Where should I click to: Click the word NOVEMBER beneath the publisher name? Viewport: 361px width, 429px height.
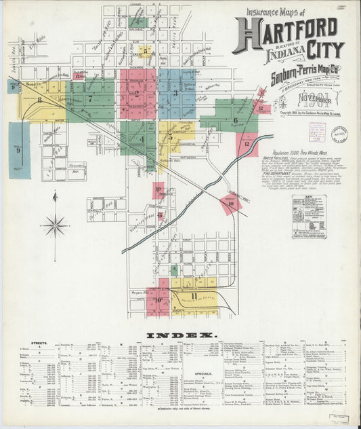[317, 100]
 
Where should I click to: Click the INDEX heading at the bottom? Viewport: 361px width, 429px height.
[180, 335]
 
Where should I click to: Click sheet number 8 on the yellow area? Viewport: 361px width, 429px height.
[39, 100]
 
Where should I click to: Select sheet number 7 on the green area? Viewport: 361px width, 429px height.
[90, 99]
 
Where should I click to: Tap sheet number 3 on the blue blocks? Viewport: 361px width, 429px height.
[175, 93]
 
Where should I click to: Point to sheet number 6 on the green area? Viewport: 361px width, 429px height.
[236, 121]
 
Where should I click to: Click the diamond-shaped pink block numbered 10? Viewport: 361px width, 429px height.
[231, 203]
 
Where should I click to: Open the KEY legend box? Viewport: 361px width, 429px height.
[309, 217]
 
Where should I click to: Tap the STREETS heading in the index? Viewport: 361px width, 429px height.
[39, 343]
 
